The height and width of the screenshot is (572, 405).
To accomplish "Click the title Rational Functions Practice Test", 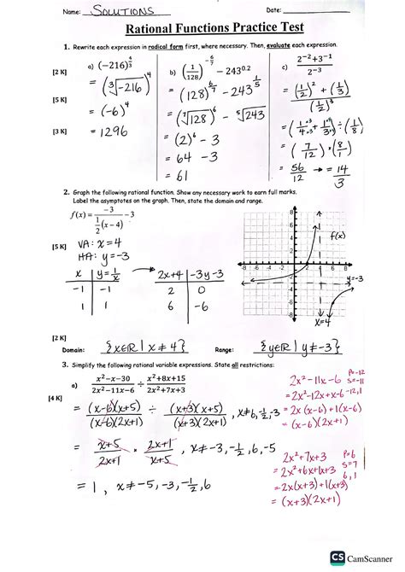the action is tap(202, 30).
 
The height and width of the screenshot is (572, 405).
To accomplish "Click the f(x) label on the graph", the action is tap(337, 234).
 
